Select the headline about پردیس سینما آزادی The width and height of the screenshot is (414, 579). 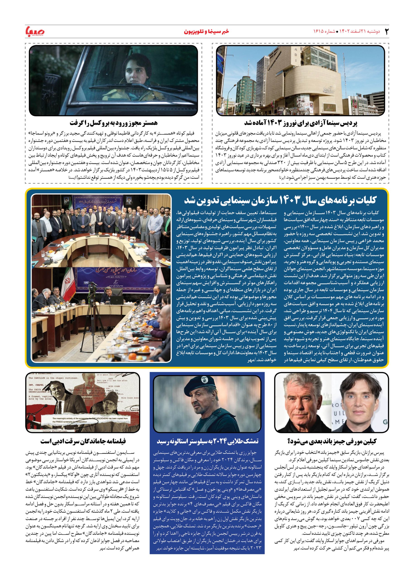click(x=301, y=123)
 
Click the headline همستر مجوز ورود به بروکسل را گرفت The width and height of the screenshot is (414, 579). click(x=113, y=123)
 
